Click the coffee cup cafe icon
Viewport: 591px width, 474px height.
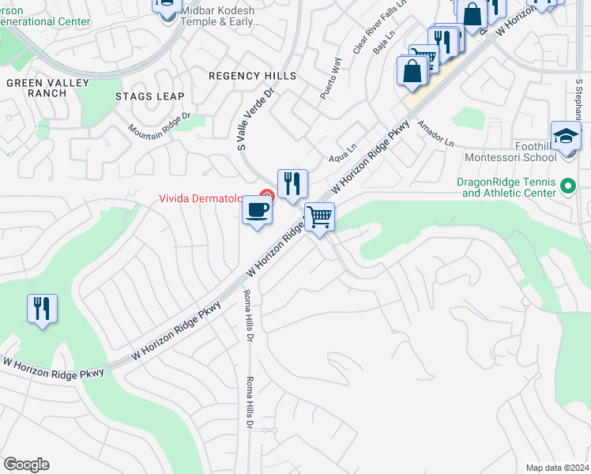tap(258, 211)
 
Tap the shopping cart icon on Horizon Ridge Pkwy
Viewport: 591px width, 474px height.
tap(319, 216)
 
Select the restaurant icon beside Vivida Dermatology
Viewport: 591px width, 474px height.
tap(292, 184)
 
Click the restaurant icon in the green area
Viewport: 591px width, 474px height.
tap(43, 308)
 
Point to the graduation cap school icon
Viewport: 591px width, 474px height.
tap(566, 137)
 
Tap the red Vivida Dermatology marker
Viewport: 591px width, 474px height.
tap(267, 196)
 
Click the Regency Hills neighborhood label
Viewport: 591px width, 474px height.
tap(252, 76)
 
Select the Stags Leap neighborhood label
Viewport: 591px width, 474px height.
tap(149, 96)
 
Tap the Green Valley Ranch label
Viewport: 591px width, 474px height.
tap(36, 87)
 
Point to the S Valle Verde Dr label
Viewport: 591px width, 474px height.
tap(255, 118)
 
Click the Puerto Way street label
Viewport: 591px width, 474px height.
tap(330, 78)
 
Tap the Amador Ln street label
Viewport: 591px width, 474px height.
tap(436, 134)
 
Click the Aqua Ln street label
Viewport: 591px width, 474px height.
tap(343, 153)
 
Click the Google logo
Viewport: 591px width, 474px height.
tap(26, 465)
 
